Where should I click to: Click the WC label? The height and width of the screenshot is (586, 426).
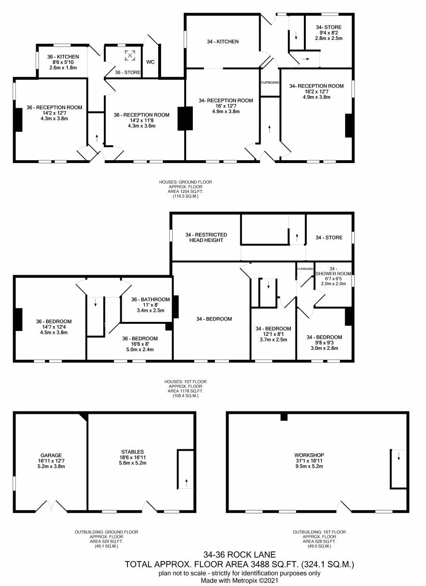pos(150,62)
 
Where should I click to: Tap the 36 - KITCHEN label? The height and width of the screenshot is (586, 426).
pos(63,57)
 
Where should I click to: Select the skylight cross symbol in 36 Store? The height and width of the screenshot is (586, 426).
pos(130,55)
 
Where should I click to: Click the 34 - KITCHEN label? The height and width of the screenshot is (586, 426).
pos(223,41)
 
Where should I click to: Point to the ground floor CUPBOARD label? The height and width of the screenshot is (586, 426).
pos(270,83)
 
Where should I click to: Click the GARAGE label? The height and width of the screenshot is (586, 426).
pos(51,456)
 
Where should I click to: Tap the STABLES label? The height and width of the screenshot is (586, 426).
pos(133,452)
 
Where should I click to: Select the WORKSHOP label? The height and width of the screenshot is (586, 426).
pos(309,455)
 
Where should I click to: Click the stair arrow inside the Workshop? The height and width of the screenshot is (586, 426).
pos(399,457)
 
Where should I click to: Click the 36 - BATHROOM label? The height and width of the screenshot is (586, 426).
pos(150,300)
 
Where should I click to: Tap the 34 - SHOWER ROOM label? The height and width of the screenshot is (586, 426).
pos(333,271)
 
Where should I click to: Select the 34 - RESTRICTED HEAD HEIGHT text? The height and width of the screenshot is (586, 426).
pos(206,238)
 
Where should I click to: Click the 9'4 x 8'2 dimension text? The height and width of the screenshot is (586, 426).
pos(329,33)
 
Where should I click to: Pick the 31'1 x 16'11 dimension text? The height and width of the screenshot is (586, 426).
pos(309,461)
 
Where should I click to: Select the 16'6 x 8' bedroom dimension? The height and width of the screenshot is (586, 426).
pos(140,344)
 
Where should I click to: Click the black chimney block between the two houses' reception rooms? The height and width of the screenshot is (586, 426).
pos(185,118)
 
